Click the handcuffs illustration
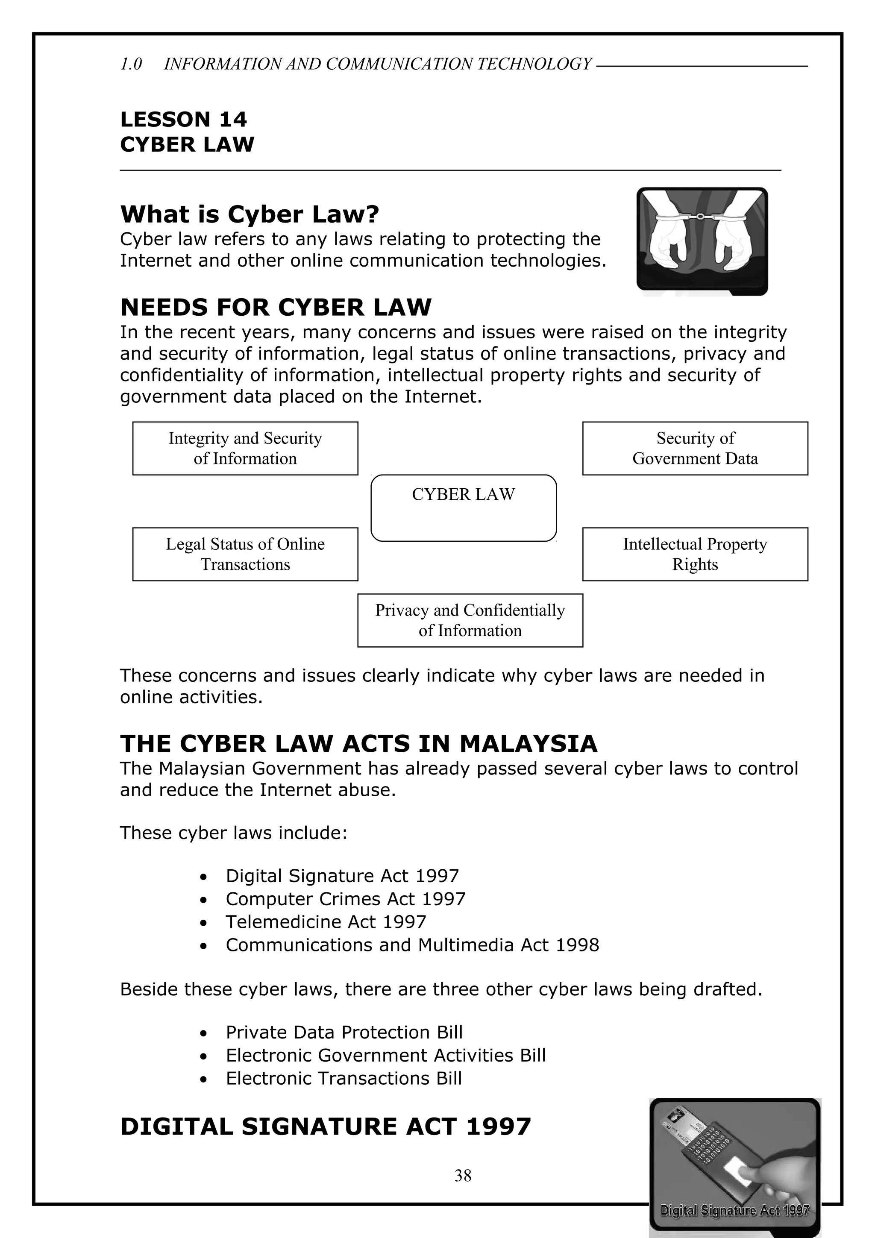pyautogui.click(x=702, y=241)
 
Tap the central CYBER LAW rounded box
pyautogui.click(x=463, y=508)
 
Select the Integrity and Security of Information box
pyautogui.click(x=245, y=448)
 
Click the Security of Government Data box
pyautogui.click(x=695, y=448)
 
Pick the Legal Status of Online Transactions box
pyautogui.click(x=245, y=554)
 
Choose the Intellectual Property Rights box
pyautogui.click(x=695, y=554)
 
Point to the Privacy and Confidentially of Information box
pyautogui.click(x=470, y=620)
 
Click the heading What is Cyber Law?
pyautogui.click(x=250, y=214)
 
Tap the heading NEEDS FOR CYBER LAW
pyautogui.click(x=276, y=307)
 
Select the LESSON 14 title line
pyautogui.click(x=183, y=119)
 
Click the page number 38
pyautogui.click(x=463, y=1176)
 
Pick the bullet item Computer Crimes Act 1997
pyautogui.click(x=345, y=899)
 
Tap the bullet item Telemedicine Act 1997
pyautogui.click(x=326, y=922)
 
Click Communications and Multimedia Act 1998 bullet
pyautogui.click(x=412, y=945)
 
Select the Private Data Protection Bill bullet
pyautogui.click(x=344, y=1032)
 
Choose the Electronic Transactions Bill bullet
pyautogui.click(x=344, y=1078)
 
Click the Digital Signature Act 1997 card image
pyautogui.click(x=734, y=1166)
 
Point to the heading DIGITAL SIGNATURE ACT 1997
pyautogui.click(x=326, y=1127)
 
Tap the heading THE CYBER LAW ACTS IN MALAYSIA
pyautogui.click(x=358, y=744)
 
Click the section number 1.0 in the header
pyautogui.click(x=131, y=64)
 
